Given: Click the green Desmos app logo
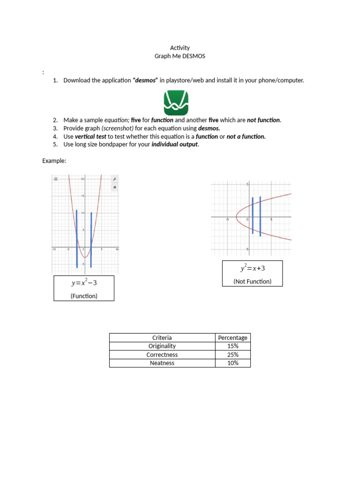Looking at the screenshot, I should pyautogui.click(x=176, y=103).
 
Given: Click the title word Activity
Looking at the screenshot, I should pyautogui.click(x=180, y=48).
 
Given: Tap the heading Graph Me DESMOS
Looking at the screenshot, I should pyautogui.click(x=180, y=56).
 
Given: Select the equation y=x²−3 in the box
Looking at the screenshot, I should pyautogui.click(x=84, y=283).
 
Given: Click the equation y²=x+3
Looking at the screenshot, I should pyautogui.click(x=253, y=268).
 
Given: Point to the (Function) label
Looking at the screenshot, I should pyautogui.click(x=84, y=296).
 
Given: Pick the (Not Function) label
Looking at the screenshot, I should pyautogui.click(x=253, y=282).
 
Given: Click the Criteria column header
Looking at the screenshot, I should pyautogui.click(x=162, y=337).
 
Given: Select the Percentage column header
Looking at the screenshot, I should pyautogui.click(x=233, y=337).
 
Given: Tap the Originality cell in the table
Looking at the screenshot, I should pyautogui.click(x=162, y=346).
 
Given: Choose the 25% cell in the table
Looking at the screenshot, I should pyautogui.click(x=233, y=354).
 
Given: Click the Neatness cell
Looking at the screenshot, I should pyautogui.click(x=162, y=363).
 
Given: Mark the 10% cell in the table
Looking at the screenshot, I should pyautogui.click(x=233, y=363).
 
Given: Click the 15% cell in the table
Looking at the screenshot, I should pyautogui.click(x=233, y=346).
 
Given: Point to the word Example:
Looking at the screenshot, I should pyautogui.click(x=54, y=161).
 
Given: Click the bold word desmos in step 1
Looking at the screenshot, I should pyautogui.click(x=145, y=80).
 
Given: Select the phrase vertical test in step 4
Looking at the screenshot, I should pyautogui.click(x=91, y=136).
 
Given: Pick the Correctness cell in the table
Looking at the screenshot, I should pyautogui.click(x=162, y=354).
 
